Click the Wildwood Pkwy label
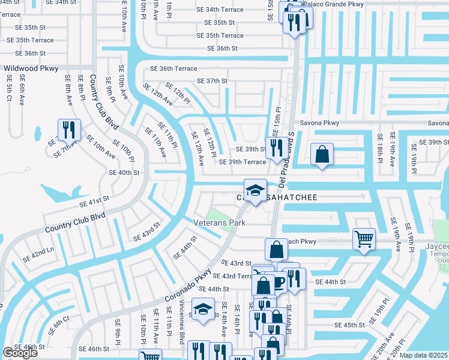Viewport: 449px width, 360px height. point(31,68)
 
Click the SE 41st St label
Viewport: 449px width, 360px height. point(92,199)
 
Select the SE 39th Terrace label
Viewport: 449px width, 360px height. point(243,162)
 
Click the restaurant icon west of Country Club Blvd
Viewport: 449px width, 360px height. point(68,129)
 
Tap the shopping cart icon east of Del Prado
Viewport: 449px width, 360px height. point(364,238)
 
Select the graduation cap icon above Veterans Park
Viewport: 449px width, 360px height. point(255,191)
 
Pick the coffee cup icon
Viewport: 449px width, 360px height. point(279,281)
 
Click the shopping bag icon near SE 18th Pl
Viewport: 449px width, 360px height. point(322,154)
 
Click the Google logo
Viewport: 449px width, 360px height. point(20,353)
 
